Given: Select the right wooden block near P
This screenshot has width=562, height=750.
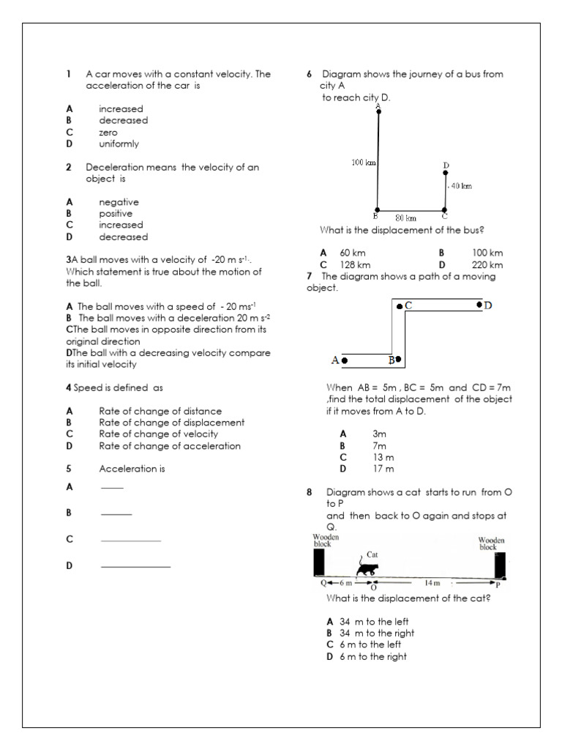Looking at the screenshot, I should (x=499, y=565).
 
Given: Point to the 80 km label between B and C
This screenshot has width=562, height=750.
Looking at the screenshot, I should (x=405, y=218).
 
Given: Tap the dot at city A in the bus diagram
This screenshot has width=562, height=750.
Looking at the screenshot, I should (x=378, y=111).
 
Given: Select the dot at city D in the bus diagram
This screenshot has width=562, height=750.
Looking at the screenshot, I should (x=446, y=173).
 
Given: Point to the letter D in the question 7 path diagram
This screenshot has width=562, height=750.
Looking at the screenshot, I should (x=488, y=305).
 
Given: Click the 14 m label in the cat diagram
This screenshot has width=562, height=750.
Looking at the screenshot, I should (x=432, y=583).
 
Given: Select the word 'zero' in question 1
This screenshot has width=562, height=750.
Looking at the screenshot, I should (x=108, y=133).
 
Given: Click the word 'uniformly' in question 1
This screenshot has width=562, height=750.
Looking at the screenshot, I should (x=119, y=144).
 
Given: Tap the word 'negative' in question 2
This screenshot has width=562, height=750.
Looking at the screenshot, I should (x=119, y=202).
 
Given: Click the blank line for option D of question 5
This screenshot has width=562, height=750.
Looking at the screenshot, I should (x=135, y=567).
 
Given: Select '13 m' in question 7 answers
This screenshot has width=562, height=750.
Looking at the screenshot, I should (x=383, y=457).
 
